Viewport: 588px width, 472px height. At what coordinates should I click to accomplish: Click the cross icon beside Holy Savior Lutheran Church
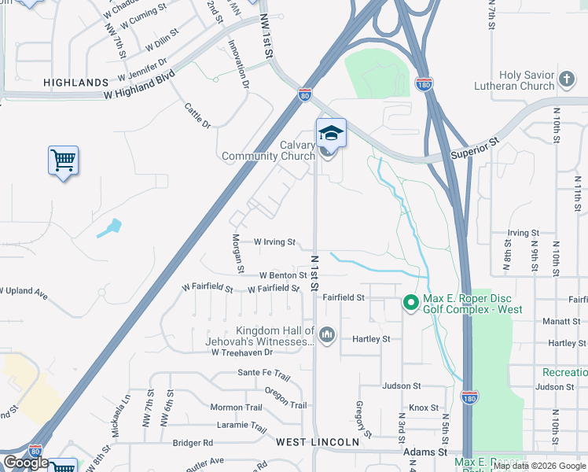(x=566, y=79)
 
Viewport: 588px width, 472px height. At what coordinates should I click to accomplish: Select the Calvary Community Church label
(x=268, y=150)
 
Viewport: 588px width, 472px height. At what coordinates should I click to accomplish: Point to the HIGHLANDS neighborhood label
(x=75, y=83)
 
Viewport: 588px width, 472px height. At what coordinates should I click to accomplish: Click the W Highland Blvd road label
(x=138, y=86)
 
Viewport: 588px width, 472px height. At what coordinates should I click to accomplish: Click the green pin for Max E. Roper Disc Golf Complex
(x=410, y=302)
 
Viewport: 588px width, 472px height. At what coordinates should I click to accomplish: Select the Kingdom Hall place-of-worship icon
(x=327, y=336)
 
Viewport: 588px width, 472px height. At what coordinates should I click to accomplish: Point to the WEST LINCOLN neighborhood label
(x=318, y=443)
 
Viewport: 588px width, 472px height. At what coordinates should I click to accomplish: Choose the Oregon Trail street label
(x=285, y=397)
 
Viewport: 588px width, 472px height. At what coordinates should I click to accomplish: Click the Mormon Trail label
(x=236, y=407)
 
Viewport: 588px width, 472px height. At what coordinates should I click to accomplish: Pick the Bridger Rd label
(x=193, y=443)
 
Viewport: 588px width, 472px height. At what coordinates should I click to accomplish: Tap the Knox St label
(x=423, y=407)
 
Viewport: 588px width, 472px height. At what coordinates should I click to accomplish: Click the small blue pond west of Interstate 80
(x=110, y=228)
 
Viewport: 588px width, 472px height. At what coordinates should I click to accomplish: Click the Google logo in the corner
(x=25, y=463)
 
